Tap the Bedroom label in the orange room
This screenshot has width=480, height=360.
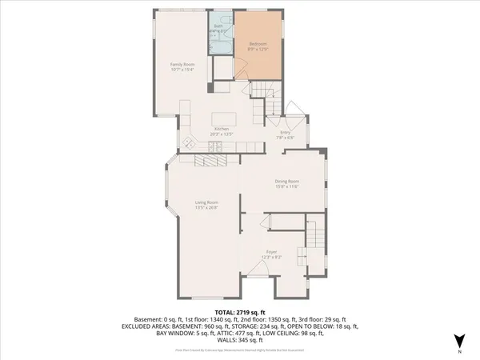[258, 43]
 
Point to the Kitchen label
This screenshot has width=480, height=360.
[222, 129]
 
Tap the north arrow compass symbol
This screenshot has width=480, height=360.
[458, 341]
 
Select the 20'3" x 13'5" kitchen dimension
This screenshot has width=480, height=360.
[222, 134]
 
